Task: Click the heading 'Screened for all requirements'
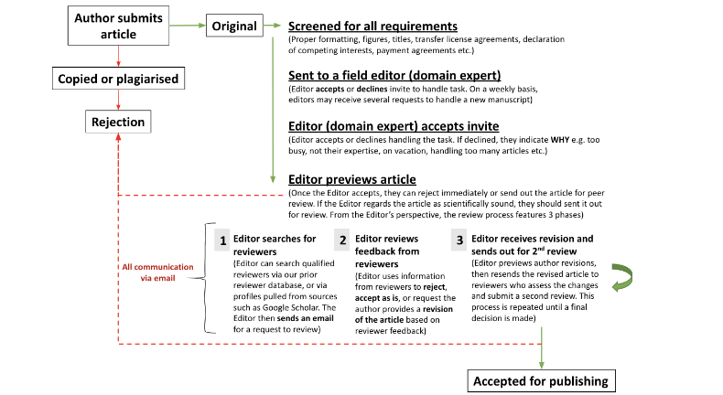click(x=372, y=27)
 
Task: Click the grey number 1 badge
click(x=221, y=240)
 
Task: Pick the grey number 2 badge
click(x=341, y=240)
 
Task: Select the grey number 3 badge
click(x=459, y=240)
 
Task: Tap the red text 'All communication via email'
click(x=158, y=272)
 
